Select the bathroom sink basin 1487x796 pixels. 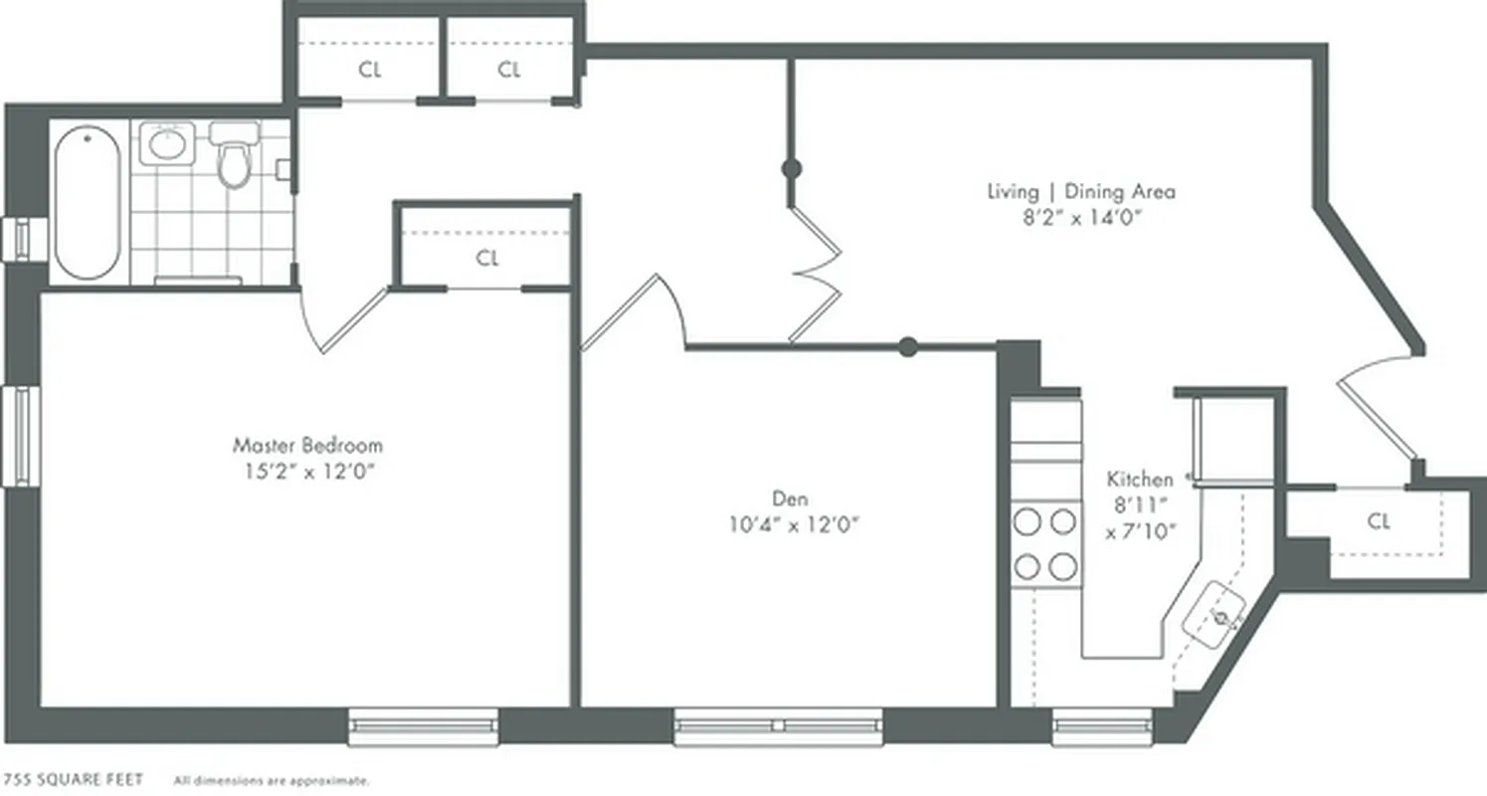[164, 144]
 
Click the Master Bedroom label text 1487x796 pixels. [307, 445]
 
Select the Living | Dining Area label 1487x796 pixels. [1080, 191]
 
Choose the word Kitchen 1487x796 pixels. [1140, 479]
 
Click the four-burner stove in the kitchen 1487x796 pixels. [1045, 543]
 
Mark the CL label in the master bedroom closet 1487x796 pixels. [486, 259]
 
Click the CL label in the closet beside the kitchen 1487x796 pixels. [1378, 521]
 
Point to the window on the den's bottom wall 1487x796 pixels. [778, 726]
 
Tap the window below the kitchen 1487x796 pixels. [1102, 726]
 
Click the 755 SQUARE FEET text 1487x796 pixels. [75, 779]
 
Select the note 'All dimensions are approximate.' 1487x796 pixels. [272, 781]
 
